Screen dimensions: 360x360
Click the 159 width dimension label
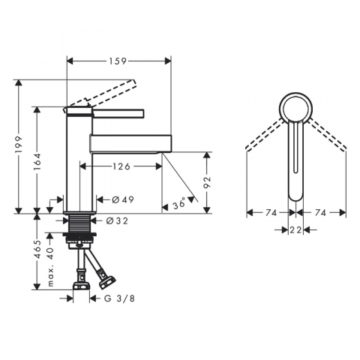tap(118, 61)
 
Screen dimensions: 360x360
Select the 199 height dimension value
tap(19, 146)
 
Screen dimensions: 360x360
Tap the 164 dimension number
tap(37, 162)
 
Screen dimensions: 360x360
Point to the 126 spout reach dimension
tap(121, 166)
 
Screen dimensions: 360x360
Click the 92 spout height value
tap(207, 182)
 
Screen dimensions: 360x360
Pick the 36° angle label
tap(179, 204)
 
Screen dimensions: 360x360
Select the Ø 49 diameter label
tap(123, 199)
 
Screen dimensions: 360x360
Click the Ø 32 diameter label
tap(117, 220)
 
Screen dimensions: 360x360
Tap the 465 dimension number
tap(37, 249)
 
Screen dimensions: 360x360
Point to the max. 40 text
tap(50, 266)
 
